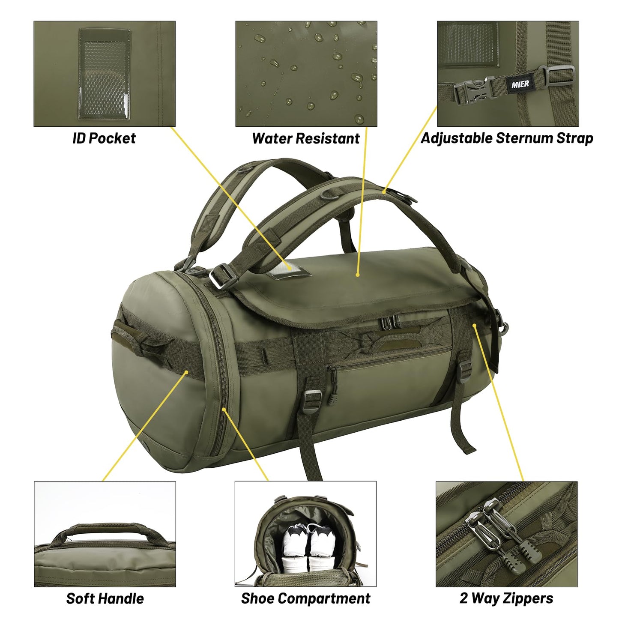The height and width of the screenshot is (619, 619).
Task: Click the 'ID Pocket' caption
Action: [104, 138]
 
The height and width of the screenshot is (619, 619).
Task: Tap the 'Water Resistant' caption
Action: [306, 138]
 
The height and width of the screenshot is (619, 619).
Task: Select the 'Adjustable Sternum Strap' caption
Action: [507, 138]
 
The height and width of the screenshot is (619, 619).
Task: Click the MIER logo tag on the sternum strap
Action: [520, 84]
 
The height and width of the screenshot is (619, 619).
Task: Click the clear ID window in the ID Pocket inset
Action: [105, 73]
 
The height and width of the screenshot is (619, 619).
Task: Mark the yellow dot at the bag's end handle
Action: [187, 372]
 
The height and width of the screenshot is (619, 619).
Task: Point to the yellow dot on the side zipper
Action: [224, 409]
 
